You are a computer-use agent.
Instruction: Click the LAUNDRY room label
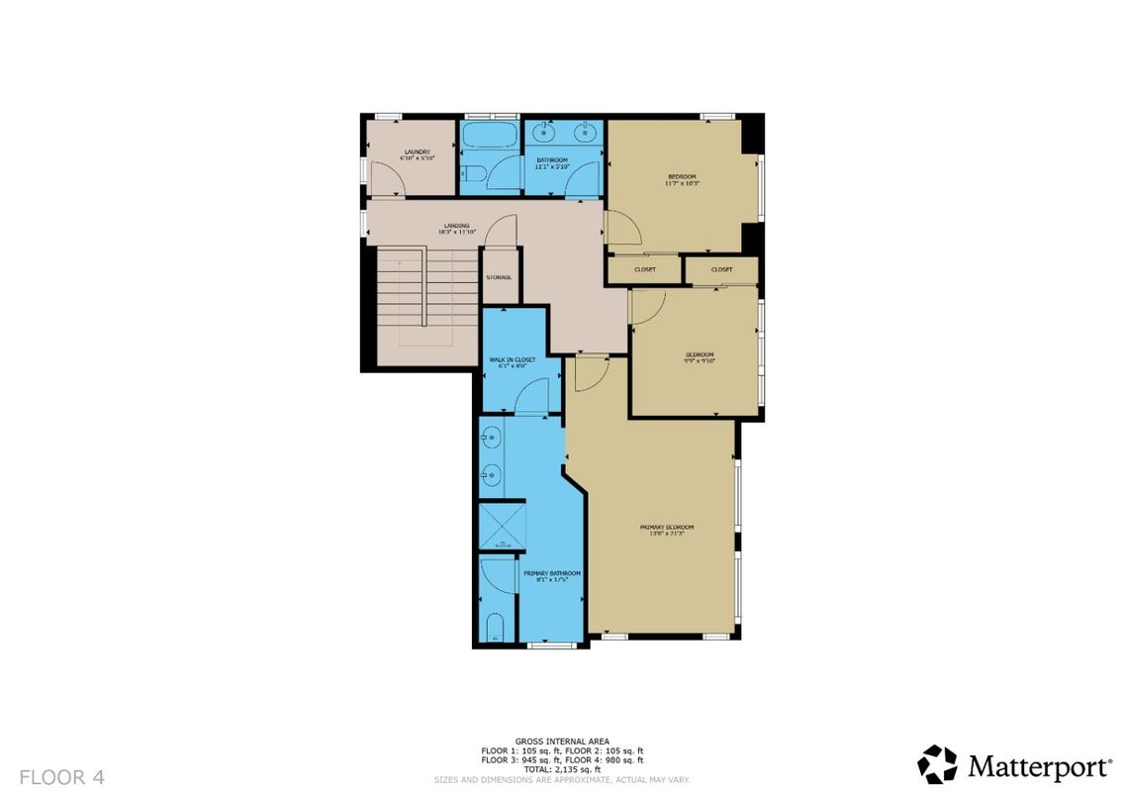416,154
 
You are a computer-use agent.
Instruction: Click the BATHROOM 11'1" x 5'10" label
552,163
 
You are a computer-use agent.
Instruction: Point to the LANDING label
457,228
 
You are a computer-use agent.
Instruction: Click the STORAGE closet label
499,276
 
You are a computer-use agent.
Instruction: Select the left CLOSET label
645,269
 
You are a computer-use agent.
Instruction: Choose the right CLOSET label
721,269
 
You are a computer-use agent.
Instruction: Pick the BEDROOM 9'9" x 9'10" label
700,357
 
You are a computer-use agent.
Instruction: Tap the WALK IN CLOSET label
513,362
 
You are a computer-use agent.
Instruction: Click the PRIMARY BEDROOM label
667,530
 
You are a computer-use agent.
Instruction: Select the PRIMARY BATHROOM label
551,576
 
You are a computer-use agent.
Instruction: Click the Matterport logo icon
937,764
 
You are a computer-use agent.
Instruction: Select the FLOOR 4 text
61,776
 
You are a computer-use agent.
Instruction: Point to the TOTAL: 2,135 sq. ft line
562,769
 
